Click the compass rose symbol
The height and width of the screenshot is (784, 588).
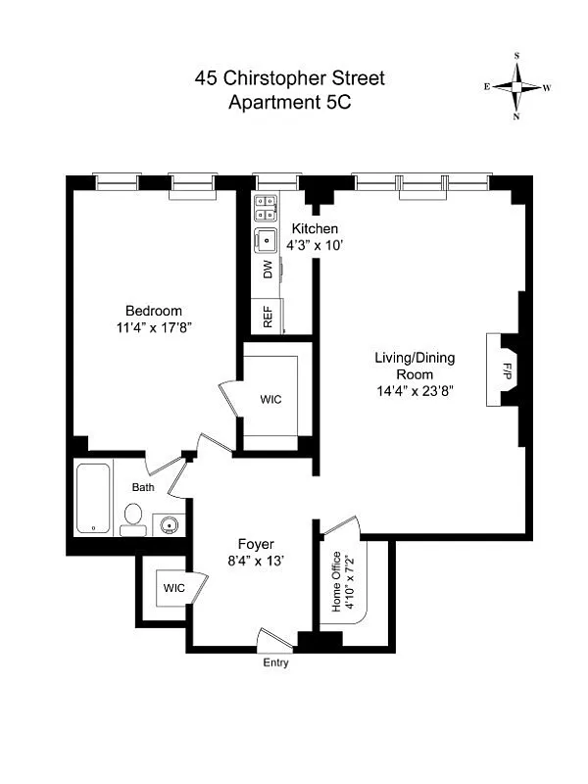(516, 87)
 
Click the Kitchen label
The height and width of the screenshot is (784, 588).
(315, 228)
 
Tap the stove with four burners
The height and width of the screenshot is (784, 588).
(267, 206)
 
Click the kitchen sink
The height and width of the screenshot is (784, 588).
(267, 239)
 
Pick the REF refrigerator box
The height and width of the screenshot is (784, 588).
(268, 316)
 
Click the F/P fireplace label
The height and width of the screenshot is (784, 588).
(507, 372)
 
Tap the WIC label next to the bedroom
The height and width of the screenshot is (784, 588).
(271, 400)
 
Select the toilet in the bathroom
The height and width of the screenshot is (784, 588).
(133, 518)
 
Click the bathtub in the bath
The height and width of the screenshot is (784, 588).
(96, 499)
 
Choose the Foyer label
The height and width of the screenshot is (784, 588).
(256, 544)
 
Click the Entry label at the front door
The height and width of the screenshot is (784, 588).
(274, 662)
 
